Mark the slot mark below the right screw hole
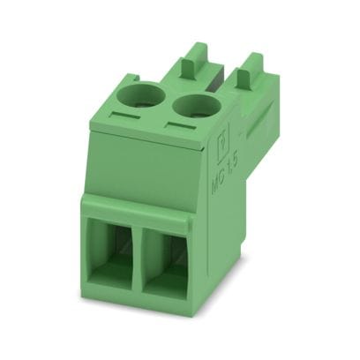pyautogui.click(x=183, y=130)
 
